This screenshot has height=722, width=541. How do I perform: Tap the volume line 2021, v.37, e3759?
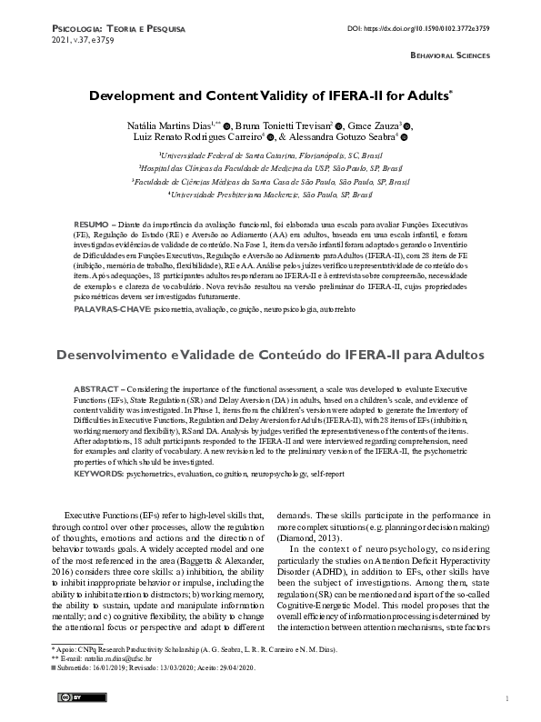pyautogui.click(x=75, y=41)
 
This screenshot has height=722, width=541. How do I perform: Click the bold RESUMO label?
pyautogui.click(x=89, y=224)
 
